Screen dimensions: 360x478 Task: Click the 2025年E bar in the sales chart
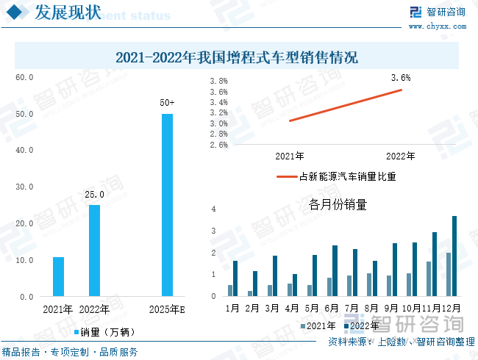click(167, 205)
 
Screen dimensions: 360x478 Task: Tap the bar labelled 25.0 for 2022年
click(94, 250)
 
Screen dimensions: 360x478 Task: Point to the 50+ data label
click(167, 103)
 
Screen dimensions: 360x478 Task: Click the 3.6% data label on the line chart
click(401, 77)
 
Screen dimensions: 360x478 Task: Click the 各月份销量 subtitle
click(338, 205)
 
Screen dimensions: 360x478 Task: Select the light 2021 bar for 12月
click(448, 274)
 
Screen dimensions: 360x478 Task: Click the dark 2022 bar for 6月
click(335, 270)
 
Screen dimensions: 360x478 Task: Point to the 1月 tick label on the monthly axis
click(232, 307)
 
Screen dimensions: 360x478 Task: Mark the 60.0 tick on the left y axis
click(25, 77)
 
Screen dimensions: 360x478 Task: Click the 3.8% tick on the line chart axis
click(218, 82)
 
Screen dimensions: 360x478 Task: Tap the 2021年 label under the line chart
click(290, 156)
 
